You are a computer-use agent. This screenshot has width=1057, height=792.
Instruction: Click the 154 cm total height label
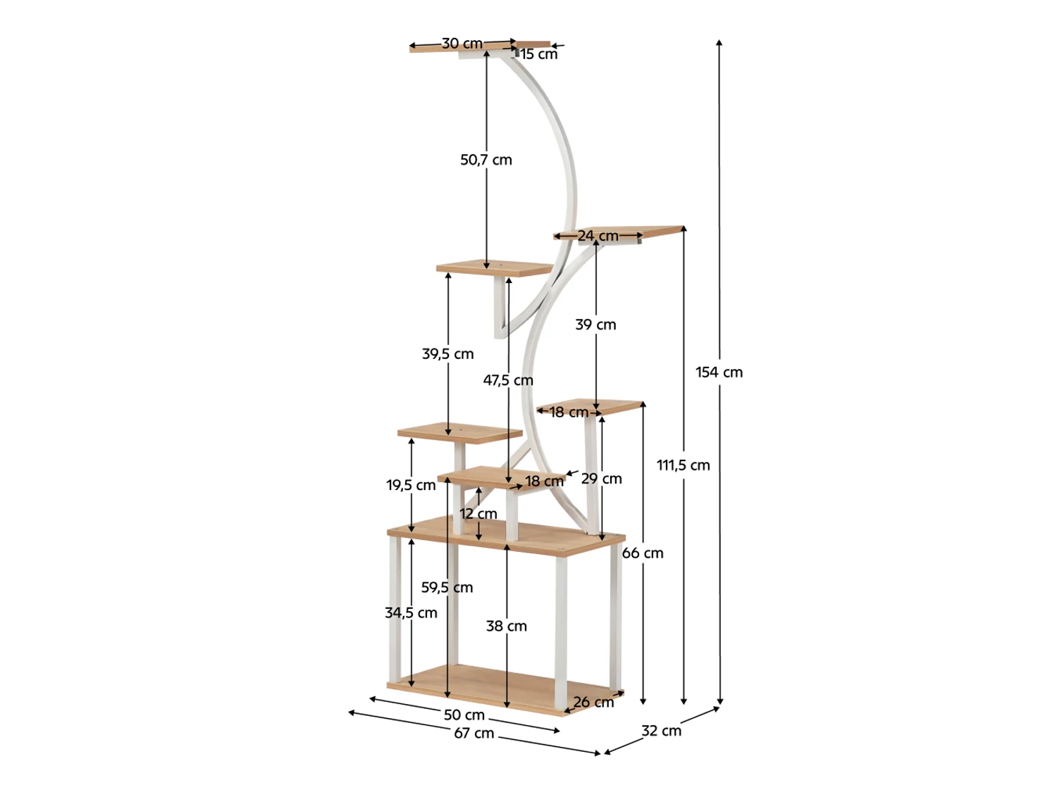(719, 372)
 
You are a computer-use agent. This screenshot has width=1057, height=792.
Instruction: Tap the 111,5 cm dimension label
(684, 465)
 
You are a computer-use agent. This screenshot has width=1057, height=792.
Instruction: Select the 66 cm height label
(643, 553)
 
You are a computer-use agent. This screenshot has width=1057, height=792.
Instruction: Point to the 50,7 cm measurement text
(486, 160)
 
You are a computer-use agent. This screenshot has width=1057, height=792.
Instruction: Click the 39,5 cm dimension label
(448, 354)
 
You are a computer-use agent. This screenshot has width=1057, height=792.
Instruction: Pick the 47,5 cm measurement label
(508, 381)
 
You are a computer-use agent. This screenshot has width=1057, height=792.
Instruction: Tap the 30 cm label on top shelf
(462, 44)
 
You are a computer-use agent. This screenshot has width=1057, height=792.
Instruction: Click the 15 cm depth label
(539, 54)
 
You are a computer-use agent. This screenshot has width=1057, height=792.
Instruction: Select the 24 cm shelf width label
(598, 236)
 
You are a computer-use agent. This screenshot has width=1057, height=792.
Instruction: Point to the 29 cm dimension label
(602, 479)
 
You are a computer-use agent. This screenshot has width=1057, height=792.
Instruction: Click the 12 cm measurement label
(478, 514)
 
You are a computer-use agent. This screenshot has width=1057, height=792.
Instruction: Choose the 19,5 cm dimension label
(411, 486)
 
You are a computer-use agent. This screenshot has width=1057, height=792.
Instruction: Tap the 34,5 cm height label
(411, 613)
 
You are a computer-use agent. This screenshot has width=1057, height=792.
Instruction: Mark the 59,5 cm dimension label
(447, 588)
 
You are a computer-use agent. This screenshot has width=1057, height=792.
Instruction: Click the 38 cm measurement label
(506, 627)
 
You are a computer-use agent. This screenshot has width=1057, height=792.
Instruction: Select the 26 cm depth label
(593, 703)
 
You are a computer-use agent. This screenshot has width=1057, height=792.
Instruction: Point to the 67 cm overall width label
(474, 734)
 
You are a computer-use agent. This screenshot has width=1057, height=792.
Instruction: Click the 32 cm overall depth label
(661, 731)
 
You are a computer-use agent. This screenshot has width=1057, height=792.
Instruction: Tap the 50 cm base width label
(464, 715)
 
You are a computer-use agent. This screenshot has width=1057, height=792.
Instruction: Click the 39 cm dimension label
(595, 325)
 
